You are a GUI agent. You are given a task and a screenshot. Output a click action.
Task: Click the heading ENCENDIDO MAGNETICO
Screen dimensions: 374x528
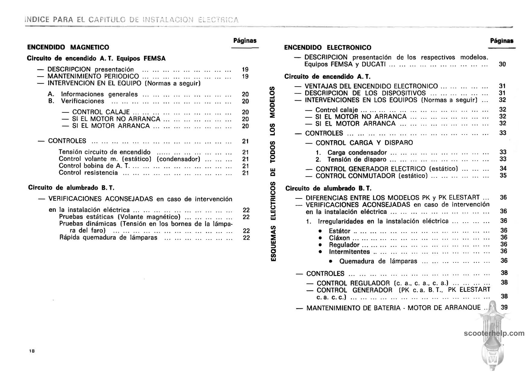68,47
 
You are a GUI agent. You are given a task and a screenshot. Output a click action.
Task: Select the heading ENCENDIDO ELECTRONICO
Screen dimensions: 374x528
328,48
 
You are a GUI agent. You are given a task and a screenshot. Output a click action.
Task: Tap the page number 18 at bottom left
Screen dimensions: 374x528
32,351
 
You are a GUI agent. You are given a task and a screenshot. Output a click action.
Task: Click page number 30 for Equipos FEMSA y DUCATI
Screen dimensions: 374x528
502,64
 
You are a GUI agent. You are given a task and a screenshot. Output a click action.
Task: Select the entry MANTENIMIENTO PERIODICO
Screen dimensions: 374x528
93,76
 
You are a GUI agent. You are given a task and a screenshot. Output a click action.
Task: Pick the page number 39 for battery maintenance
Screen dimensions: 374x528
504,307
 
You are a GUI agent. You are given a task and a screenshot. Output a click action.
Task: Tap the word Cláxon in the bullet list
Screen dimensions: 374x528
339,238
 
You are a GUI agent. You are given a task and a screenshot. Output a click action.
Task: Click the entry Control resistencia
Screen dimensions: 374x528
88,173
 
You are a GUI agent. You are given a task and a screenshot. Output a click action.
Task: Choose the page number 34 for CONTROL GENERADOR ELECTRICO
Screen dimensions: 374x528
503,169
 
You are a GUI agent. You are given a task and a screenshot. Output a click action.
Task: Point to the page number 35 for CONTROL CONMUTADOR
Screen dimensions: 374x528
503,176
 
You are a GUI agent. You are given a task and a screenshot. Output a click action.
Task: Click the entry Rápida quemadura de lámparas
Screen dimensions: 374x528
108,238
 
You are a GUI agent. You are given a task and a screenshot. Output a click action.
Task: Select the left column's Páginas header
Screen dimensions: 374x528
245,41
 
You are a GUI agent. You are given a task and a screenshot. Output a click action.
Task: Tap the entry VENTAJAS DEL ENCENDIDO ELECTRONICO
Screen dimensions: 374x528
371,86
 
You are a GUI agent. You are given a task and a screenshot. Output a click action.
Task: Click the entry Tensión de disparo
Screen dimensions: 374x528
357,160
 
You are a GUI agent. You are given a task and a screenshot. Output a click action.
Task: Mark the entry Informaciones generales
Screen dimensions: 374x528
99,94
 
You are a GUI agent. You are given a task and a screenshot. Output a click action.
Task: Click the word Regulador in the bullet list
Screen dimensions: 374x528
344,245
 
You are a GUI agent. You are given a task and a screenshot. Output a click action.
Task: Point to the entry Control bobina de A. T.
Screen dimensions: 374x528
94,166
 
